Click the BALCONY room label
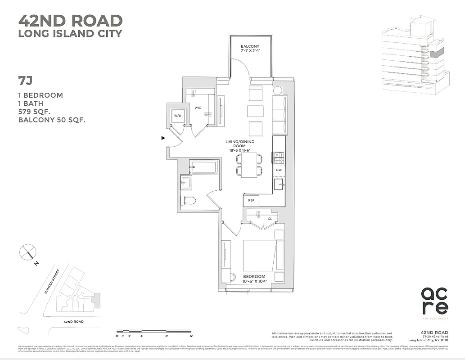[250, 46]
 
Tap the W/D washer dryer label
[177, 116]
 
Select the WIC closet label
[198, 108]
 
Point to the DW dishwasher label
[279, 170]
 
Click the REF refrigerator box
[251, 200]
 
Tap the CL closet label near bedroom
[270, 219]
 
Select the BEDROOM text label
[254, 276]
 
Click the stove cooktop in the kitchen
[279, 157]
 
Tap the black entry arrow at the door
[163, 138]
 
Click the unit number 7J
[25, 81]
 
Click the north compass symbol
[27, 252]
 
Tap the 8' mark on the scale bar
[167, 336]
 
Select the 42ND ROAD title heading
[70, 21]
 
